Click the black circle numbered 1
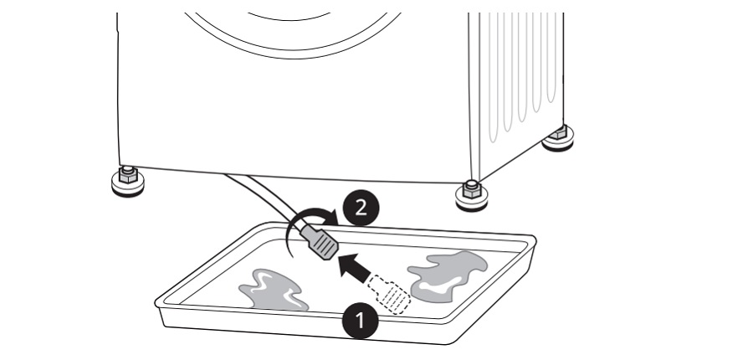pos(360,321)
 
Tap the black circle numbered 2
pos(361,208)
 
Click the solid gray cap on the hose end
pos(320,243)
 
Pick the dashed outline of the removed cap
pos(389,294)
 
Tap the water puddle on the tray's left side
pos(273,290)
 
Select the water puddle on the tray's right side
pos(447,276)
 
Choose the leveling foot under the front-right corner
pos(472,196)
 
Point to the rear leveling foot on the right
pos(558,138)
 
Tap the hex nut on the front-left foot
pos(128,174)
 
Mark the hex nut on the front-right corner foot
pos(472,189)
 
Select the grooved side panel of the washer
pos(517,91)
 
